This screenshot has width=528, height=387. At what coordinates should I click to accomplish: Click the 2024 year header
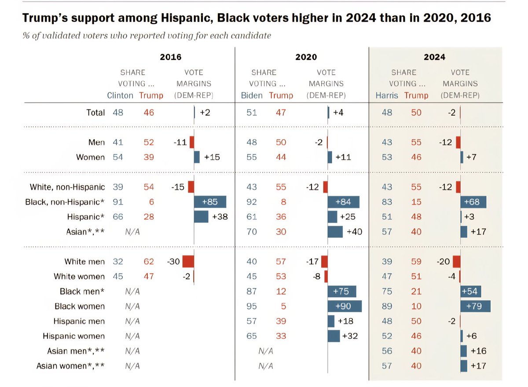[434, 57]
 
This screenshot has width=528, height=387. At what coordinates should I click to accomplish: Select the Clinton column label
[120, 95]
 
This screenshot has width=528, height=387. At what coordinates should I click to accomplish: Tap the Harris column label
[387, 95]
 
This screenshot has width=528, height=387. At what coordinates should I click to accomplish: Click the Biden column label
[252, 95]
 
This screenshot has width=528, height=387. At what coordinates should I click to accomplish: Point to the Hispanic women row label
[73, 336]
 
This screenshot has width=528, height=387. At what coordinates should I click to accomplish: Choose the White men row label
[84, 262]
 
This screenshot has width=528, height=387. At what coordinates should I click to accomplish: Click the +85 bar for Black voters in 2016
[210, 202]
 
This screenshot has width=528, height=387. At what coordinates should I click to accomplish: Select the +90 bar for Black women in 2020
[345, 306]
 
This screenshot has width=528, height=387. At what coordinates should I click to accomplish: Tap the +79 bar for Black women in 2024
[476, 306]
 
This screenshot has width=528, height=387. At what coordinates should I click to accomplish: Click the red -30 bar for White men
[188, 262]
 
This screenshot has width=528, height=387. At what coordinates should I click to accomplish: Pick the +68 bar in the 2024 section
[473, 202]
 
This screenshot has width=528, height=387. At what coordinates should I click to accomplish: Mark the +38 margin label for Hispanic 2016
[220, 217]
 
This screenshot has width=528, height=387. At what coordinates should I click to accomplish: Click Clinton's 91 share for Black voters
[118, 202]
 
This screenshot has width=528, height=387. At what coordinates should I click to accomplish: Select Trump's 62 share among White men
[149, 262]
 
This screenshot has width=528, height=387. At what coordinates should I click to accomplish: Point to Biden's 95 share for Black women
[252, 306]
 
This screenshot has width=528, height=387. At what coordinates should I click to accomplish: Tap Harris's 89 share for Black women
[387, 306]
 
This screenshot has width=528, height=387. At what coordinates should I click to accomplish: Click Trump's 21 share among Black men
[416, 292]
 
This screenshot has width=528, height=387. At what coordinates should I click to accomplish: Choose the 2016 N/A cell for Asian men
[132, 351]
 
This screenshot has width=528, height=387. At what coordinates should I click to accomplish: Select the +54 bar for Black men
[471, 292]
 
